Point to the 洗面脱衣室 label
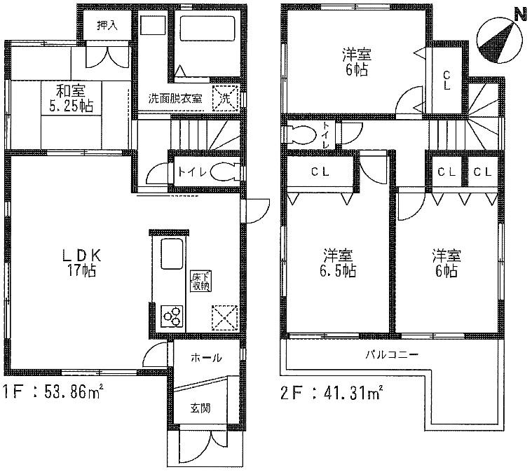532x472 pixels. coord(175,99)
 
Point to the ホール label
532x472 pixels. coord(206,358)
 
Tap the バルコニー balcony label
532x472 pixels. coord(391,354)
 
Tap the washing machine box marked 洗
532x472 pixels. coord(225,97)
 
